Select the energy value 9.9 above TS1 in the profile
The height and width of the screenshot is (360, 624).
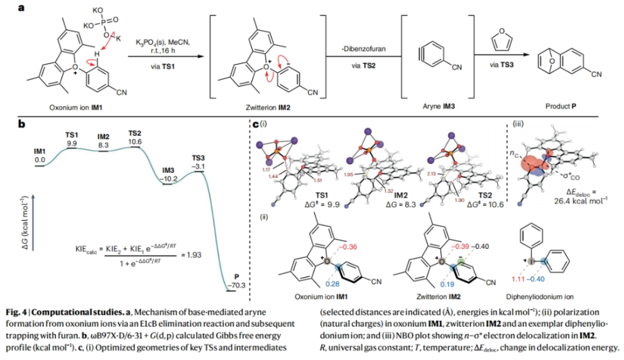coord(72,144)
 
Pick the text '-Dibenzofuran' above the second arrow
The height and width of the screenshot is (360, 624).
coord(361,48)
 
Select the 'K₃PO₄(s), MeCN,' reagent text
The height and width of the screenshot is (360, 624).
coord(161,41)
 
